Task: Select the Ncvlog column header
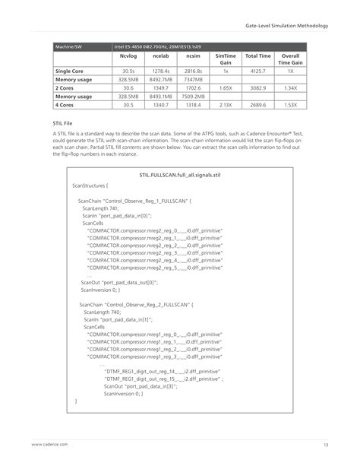[128, 56]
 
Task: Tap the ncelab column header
[160, 56]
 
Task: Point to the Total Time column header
[257, 56]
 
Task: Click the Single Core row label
[69, 71]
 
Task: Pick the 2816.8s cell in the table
[193, 71]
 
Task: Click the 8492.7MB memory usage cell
[161, 79]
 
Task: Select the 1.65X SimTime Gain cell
[226, 88]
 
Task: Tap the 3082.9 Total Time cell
[257, 88]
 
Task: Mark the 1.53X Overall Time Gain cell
[289, 105]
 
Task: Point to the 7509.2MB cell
[193, 97]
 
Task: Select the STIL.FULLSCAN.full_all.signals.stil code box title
[179, 176]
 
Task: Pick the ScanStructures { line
[91, 185]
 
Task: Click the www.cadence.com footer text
[49, 445]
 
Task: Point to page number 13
[325, 445]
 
